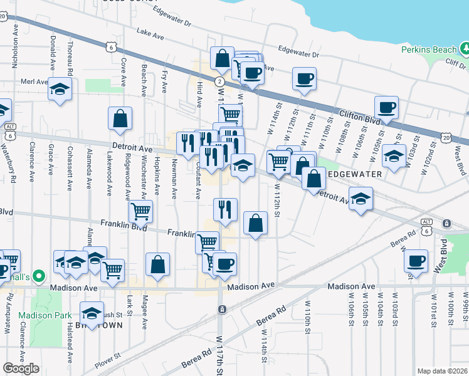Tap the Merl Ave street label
[34, 81]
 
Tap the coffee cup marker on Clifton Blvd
[386, 106]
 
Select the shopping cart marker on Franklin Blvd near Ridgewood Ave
[140, 211]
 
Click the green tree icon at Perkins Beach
[465, 48]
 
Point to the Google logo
[21, 368]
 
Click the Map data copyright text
[443, 371]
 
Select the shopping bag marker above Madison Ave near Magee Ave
[157, 264]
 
